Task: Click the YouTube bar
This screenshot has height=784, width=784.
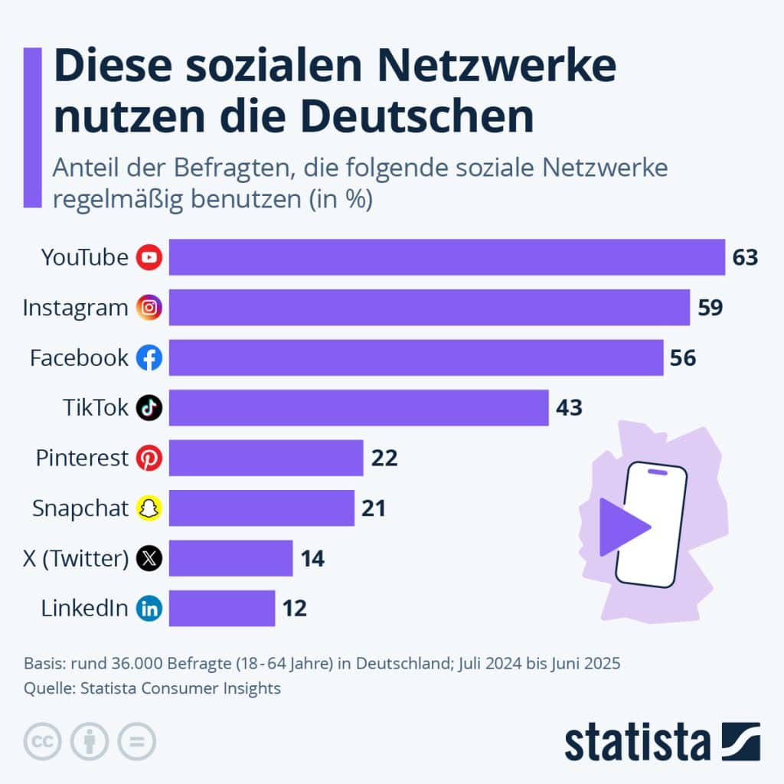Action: tap(446, 257)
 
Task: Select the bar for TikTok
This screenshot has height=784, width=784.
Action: tap(358, 407)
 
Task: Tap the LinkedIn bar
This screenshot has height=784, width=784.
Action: tap(222, 608)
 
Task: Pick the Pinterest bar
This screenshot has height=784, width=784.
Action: tap(266, 458)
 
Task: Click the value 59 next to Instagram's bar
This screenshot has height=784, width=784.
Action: tap(710, 308)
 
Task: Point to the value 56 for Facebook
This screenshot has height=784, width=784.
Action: tap(683, 358)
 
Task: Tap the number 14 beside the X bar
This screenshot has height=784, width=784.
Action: tap(312, 558)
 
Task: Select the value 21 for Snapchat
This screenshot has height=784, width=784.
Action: tap(373, 508)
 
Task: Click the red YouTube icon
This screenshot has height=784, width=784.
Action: tap(149, 257)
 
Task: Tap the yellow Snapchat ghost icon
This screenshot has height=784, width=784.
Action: tap(149, 508)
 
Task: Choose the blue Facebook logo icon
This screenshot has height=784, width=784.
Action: tap(149, 358)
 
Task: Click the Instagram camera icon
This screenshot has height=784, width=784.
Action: tap(149, 308)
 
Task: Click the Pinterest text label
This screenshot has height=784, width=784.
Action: tap(82, 458)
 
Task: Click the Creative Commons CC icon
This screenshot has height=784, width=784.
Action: tap(43, 741)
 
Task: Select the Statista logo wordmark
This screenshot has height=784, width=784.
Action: tap(638, 743)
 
